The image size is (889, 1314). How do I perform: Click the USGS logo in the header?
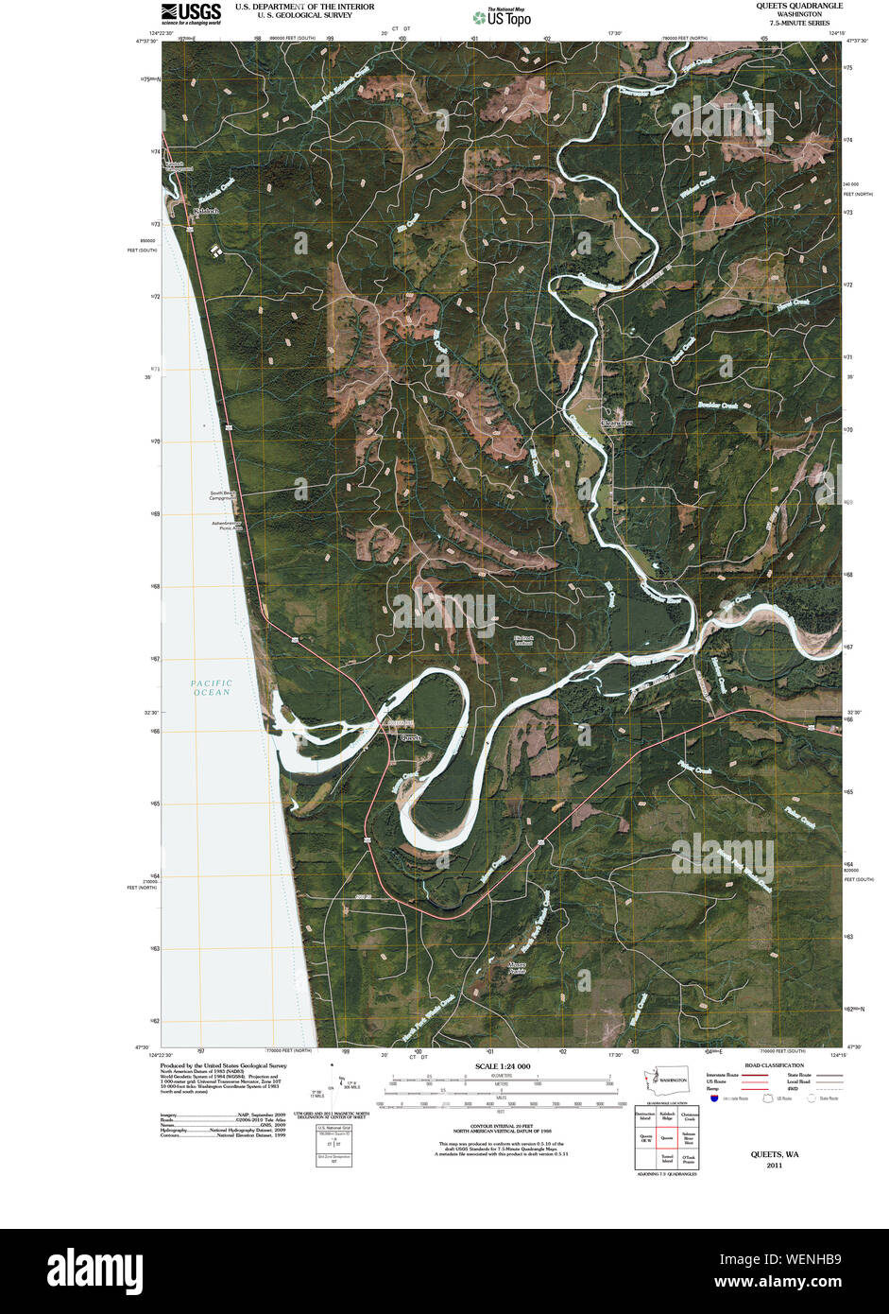coord(191,12)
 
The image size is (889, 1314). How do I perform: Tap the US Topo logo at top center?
coord(503,17)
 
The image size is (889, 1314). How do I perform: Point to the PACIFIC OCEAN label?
coord(211,687)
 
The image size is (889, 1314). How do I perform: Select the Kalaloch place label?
coord(205,211)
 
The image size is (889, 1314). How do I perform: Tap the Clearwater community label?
coord(615,424)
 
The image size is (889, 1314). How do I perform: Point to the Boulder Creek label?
coord(717,406)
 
